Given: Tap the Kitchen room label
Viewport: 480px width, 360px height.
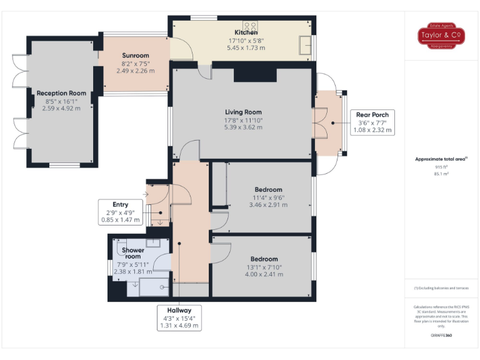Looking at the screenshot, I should [246, 32].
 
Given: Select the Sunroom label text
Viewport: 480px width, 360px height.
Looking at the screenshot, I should [135, 56].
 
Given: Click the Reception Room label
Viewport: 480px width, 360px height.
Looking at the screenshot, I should [61, 93].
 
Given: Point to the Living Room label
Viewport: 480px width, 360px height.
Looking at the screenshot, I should [243, 112].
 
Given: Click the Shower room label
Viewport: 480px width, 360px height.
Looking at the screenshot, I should [132, 253].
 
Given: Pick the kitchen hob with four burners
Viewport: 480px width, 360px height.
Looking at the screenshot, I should [250, 26].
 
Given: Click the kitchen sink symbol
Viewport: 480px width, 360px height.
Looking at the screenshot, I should [306, 45].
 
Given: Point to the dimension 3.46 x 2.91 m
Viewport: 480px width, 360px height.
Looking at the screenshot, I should [268, 204].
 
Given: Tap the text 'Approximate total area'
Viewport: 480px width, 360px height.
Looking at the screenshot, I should [441, 159].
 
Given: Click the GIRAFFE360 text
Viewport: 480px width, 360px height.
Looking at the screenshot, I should [441, 336].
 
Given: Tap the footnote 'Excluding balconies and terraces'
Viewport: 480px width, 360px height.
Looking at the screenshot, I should [441, 288].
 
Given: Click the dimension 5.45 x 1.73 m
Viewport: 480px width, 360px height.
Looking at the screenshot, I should [246, 48].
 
